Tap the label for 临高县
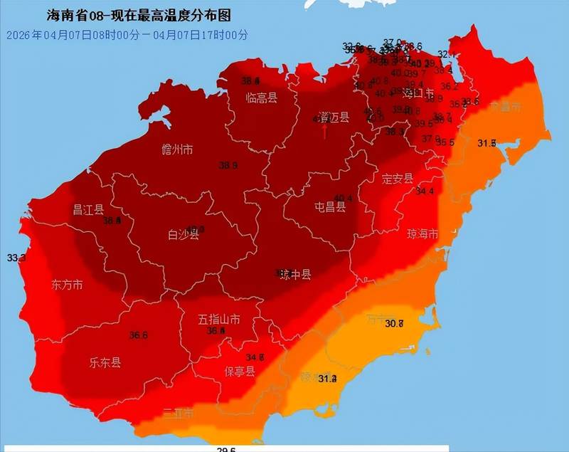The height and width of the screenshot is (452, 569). click(261, 98)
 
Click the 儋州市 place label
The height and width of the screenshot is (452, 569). click(177, 149)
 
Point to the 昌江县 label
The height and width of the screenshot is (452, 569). click(88, 209)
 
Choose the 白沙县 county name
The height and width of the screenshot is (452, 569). click(183, 234)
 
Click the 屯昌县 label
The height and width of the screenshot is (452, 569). click(330, 207)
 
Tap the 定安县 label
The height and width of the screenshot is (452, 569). click(398, 178)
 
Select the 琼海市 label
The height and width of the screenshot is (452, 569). click(422, 233)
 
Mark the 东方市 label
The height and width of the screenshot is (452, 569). click(67, 285)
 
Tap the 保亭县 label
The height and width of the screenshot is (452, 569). click(240, 372)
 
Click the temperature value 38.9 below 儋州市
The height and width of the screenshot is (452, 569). click(228, 165)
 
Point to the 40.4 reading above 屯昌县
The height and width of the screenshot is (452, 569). click(344, 198)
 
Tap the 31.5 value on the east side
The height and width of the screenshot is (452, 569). click(486, 143)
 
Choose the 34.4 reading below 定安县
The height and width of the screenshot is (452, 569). click(425, 191)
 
